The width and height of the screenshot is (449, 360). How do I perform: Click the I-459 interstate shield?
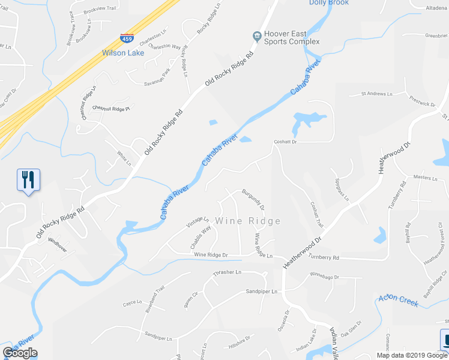127,39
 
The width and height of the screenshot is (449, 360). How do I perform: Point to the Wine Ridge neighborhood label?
249,221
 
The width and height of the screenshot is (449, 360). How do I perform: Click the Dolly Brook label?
329,2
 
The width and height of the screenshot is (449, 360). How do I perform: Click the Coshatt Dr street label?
286,142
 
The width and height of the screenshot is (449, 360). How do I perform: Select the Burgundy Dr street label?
253,199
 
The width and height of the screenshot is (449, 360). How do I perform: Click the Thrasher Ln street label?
227,272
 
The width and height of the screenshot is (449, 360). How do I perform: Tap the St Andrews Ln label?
376,94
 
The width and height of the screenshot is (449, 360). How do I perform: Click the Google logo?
20,353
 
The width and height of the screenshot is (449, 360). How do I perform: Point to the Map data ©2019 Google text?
411,355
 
